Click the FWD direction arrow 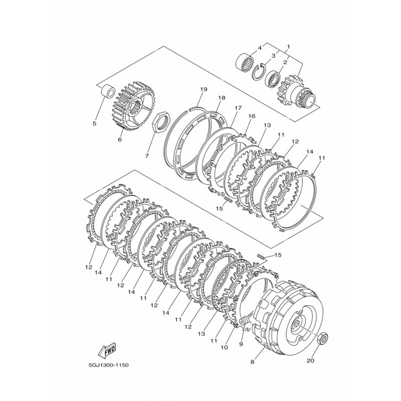click(107, 350)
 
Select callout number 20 click(310, 361)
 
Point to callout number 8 click(253, 362)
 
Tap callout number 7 click(147, 156)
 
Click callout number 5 click(95, 124)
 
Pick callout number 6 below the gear click(120, 140)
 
